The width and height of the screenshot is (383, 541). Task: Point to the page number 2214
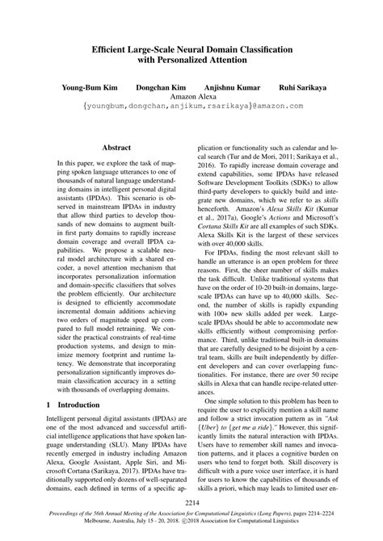pos(191,503)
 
